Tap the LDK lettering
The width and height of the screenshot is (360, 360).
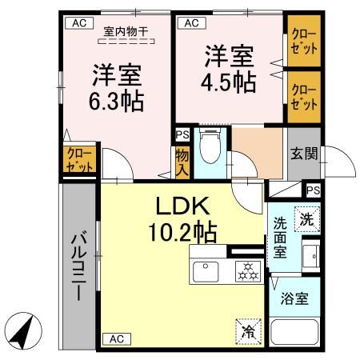(182, 206)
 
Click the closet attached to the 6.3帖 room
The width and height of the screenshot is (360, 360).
(78, 159)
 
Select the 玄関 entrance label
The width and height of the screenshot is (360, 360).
(303, 153)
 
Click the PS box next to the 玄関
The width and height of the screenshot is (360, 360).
(314, 190)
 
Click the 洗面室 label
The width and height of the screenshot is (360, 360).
(282, 238)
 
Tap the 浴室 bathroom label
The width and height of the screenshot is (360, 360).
(294, 300)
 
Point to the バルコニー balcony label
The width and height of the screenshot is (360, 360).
(79, 264)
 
